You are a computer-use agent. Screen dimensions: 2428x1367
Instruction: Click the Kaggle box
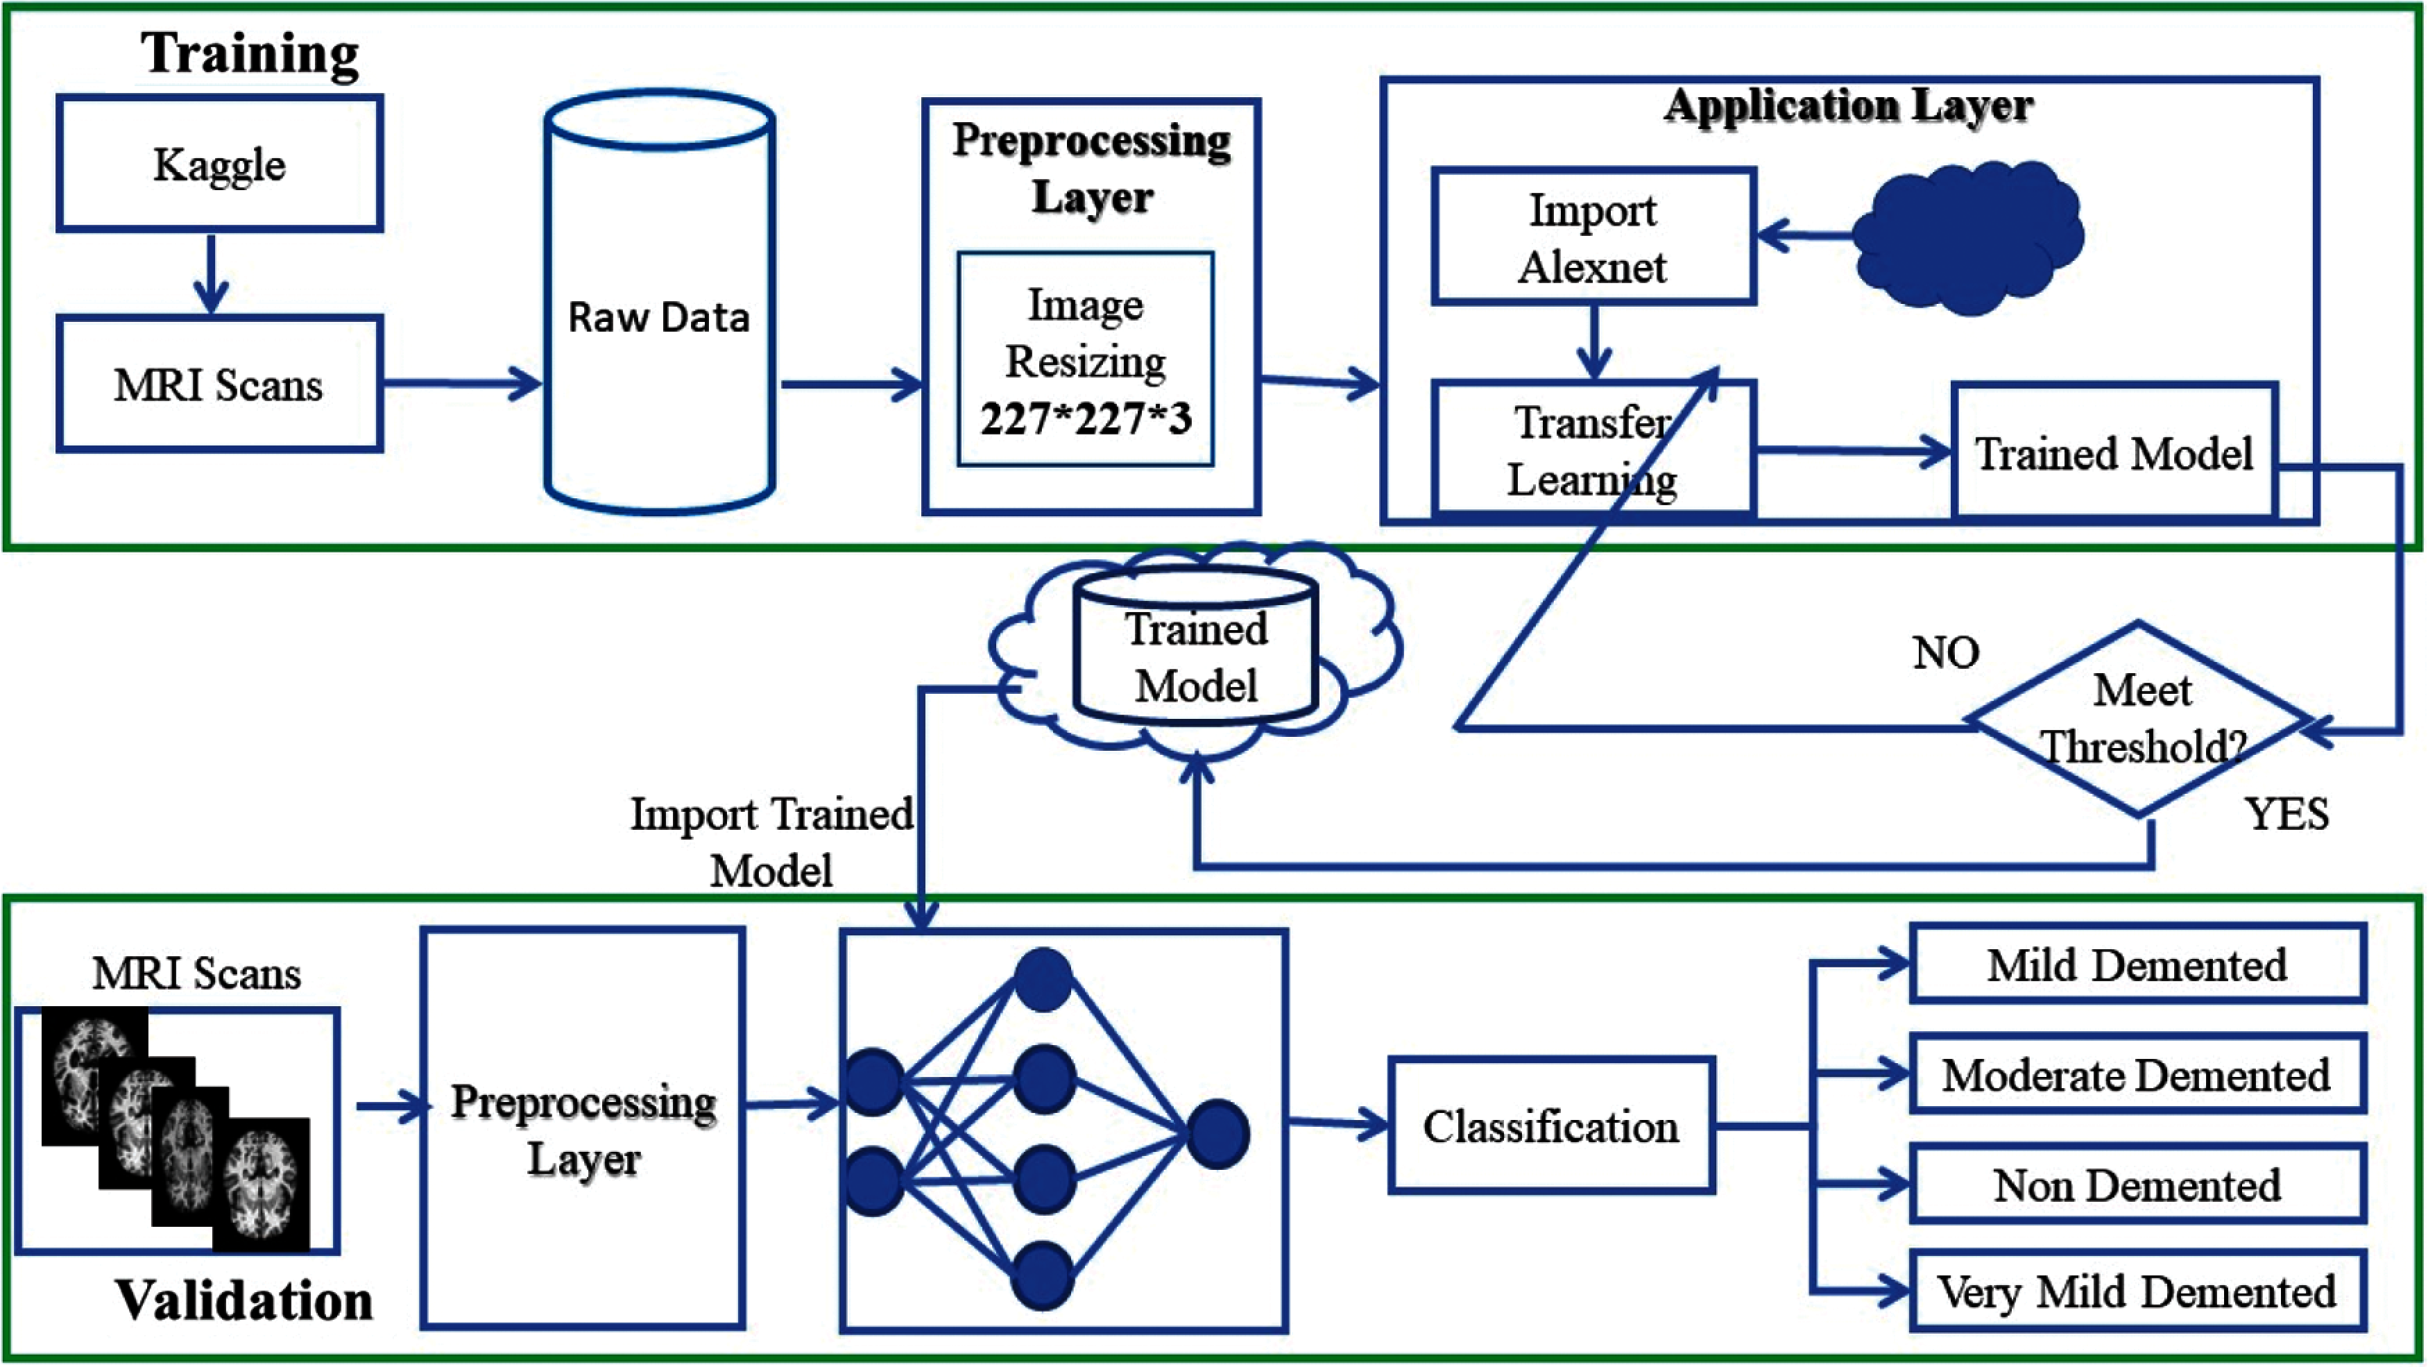click(x=220, y=163)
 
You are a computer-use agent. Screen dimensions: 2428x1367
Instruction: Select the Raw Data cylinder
click(x=660, y=302)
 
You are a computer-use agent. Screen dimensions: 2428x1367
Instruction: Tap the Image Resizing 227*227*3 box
click(x=1086, y=359)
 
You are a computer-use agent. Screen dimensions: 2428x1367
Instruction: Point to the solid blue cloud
click(x=1968, y=237)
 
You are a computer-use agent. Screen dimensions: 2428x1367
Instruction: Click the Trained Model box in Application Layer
click(x=2115, y=452)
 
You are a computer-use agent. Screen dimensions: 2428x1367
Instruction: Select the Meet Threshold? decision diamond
click(x=2139, y=718)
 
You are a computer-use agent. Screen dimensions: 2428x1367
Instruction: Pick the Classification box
click(x=1551, y=1126)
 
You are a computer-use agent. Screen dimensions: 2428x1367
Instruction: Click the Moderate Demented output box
click(x=2138, y=1073)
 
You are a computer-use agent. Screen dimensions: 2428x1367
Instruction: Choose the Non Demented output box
click(x=2138, y=1184)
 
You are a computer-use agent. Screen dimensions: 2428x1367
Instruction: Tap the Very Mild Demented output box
click(x=2138, y=1291)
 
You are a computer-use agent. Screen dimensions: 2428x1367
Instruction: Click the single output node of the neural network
click(x=1217, y=1134)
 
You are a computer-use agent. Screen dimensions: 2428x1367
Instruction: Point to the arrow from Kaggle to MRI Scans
click(x=210, y=273)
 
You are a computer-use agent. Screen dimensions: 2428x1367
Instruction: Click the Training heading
click(x=250, y=53)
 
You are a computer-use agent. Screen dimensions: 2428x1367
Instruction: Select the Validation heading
click(x=244, y=1301)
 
